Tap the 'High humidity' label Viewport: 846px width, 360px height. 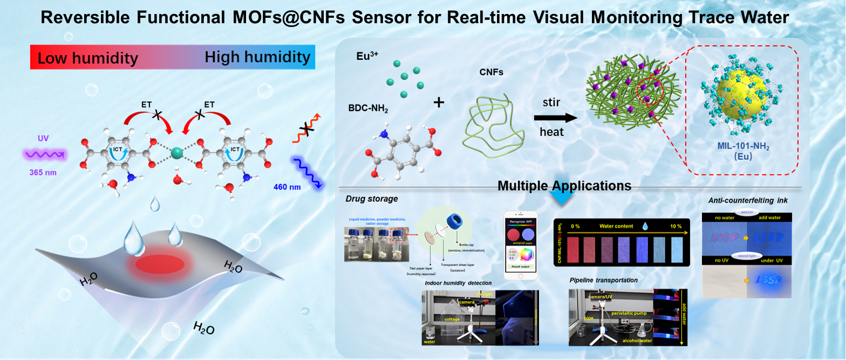click(257, 57)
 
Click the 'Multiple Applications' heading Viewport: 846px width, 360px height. click(564, 186)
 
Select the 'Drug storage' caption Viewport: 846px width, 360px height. click(371, 199)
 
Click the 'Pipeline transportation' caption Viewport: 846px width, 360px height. click(604, 280)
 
